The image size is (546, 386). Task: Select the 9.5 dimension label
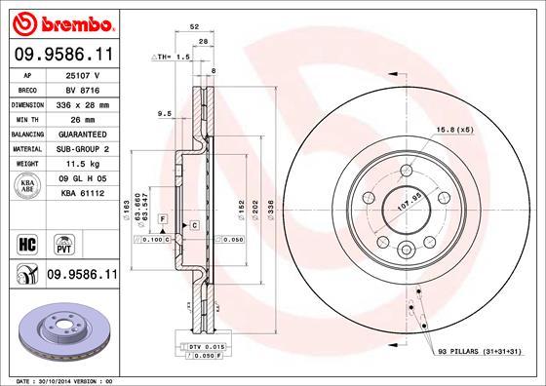[x=165, y=114]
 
